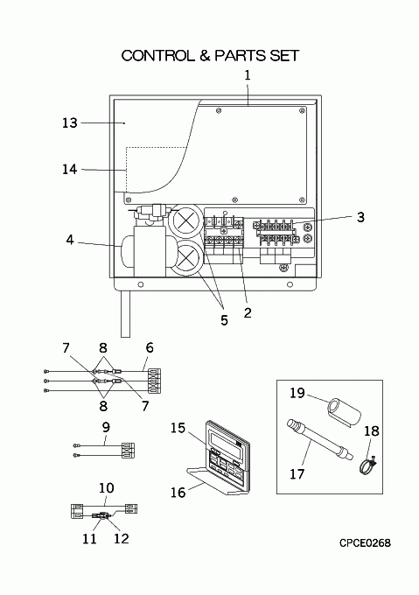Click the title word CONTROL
click(157, 56)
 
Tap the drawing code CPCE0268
click(365, 543)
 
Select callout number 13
click(70, 123)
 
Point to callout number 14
click(70, 169)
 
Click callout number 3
click(360, 217)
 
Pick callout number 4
click(70, 240)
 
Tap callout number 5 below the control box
click(225, 320)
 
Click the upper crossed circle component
click(185, 221)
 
